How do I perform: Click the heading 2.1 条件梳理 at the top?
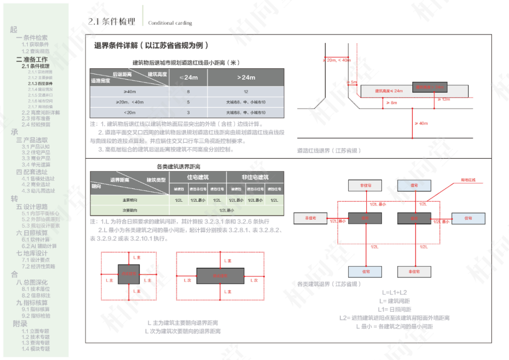(112, 21)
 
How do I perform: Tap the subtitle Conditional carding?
(170, 23)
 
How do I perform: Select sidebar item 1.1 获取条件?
(35, 44)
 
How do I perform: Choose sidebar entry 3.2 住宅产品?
(36, 153)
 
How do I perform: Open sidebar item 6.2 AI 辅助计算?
(39, 246)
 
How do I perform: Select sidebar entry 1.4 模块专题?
(35, 349)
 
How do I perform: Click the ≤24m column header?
(189, 77)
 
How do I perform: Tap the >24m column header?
(246, 77)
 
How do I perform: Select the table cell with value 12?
(246, 92)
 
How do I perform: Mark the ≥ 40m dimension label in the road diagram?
(421, 123)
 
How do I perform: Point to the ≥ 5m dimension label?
(352, 82)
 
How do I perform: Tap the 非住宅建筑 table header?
(255, 178)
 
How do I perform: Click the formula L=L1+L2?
(394, 293)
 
